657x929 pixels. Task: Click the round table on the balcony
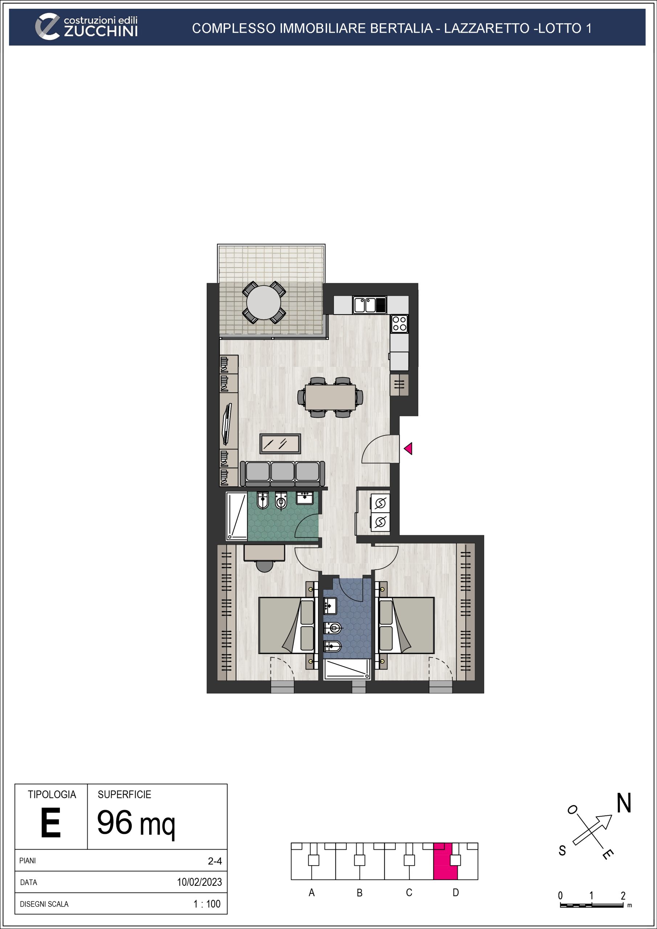pos(264,303)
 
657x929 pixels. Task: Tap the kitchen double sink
pos(370,305)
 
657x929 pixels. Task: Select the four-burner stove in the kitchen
pos(400,324)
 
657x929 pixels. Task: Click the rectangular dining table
pos(330,397)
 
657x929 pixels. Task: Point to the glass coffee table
pos(280,444)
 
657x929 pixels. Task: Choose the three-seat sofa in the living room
pos(282,474)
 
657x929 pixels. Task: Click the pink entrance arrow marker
pos(408,448)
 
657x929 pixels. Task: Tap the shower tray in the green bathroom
pos(236,516)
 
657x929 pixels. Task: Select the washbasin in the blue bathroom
pos(330,606)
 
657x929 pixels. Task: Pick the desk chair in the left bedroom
pos(265,566)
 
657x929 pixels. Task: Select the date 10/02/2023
pos(200,882)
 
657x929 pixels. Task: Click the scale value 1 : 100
pos(207,904)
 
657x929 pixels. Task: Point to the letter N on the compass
pos(624,803)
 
